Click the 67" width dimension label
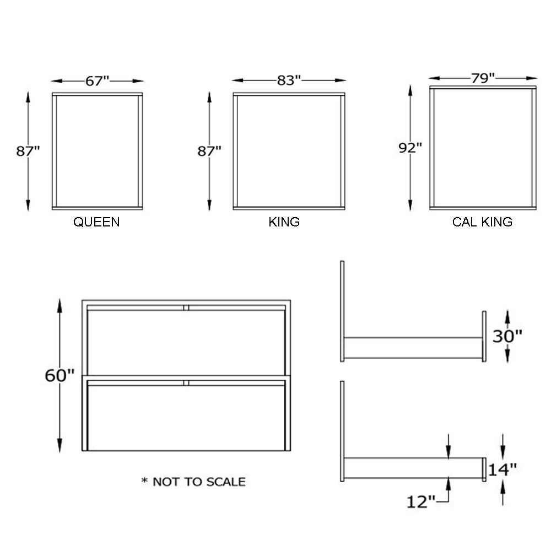coord(98,81)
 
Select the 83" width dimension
coord(289,80)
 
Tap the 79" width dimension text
coord(483,78)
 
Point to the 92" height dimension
coord(410,148)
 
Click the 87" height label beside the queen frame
coord(28,151)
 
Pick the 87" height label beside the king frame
coord(209,151)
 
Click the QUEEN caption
coord(96,222)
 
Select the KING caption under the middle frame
coord(284,222)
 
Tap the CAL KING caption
coord(482,222)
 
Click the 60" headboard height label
coord(60,375)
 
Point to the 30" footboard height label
coord(507,336)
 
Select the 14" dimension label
coord(502,469)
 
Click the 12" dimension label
coord(420,501)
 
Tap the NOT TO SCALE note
coord(199,482)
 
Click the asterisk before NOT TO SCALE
coord(144,480)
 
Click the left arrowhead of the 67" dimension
coord(56,81)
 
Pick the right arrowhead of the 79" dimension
coord(532,78)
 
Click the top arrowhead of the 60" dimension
coord(60,305)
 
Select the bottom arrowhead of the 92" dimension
coord(410,205)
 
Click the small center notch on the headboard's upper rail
coord(186,308)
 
